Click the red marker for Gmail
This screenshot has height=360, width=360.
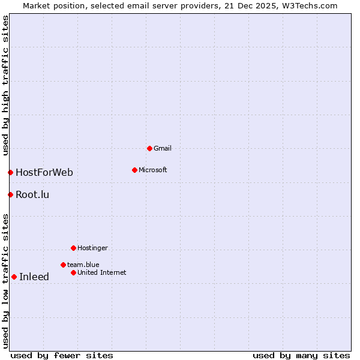(149, 148)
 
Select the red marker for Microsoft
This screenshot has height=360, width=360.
(134, 170)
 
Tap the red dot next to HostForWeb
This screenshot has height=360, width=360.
(10, 173)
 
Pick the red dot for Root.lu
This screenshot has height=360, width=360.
(10, 194)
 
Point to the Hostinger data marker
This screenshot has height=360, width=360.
(73, 248)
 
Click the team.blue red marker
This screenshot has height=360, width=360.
(63, 265)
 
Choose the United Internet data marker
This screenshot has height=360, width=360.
(73, 272)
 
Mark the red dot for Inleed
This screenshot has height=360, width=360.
(14, 277)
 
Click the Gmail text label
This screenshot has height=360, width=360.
(163, 148)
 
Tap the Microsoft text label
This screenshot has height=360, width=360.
(152, 170)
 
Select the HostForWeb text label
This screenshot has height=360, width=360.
(44, 173)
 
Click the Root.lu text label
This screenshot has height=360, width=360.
(32, 194)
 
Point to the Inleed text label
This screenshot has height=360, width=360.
(34, 277)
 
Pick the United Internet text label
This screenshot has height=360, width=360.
(102, 272)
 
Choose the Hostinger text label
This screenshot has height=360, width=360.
(92, 248)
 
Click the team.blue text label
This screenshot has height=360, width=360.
(83, 265)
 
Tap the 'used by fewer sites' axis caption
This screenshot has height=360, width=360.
(62, 355)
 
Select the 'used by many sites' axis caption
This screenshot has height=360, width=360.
(301, 355)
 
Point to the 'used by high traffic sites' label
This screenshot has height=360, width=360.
(5, 85)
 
